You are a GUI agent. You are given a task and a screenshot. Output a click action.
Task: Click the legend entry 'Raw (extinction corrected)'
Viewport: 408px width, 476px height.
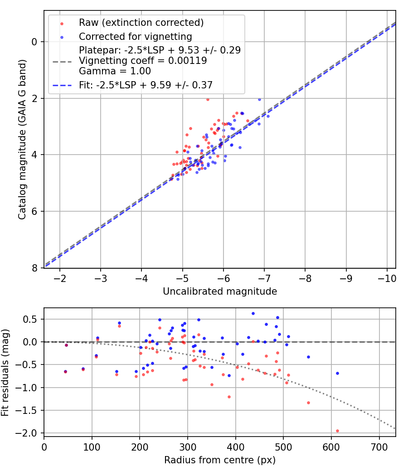[141, 23]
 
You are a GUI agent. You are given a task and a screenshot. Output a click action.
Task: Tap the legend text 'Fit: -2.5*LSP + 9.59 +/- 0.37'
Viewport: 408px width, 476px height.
[146, 84]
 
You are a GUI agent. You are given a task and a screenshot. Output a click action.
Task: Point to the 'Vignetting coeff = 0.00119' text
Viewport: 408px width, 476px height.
[143, 60]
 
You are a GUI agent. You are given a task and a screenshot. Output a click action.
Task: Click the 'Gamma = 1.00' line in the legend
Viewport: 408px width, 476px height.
[115, 71]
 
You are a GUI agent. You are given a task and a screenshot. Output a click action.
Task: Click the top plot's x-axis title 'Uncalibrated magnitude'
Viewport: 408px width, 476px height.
[220, 291]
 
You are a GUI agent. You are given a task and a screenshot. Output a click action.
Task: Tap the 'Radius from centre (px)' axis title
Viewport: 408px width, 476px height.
[220, 460]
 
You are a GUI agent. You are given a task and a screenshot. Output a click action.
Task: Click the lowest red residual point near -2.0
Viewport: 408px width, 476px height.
[337, 431]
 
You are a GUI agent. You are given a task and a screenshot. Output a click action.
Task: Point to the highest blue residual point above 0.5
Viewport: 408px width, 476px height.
[253, 313]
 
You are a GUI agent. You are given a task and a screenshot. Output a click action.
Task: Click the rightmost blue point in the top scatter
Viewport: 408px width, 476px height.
[268, 116]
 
